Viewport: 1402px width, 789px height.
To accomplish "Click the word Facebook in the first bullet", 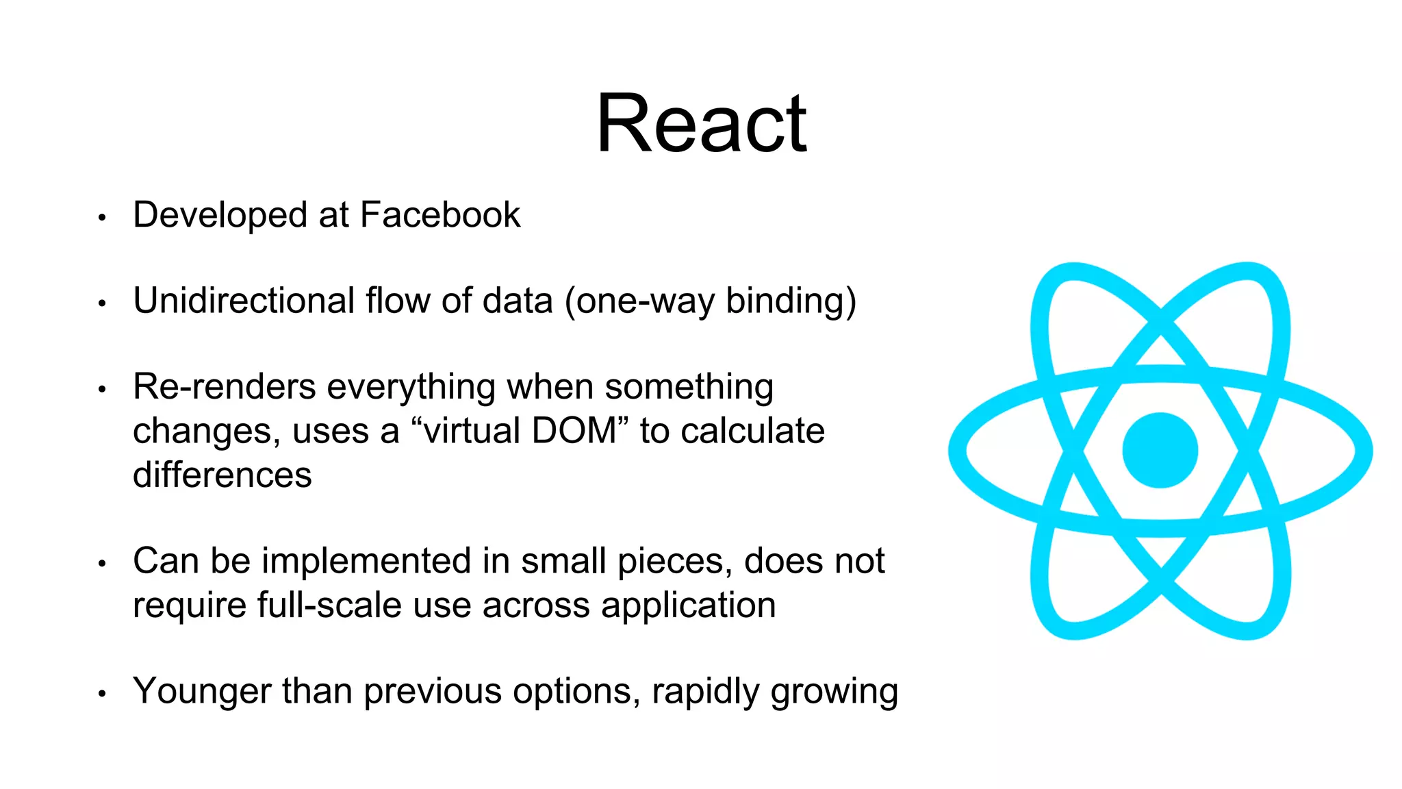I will [439, 215].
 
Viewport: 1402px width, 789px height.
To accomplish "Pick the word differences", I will [222, 475].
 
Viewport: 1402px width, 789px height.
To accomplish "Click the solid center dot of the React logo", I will [1160, 450].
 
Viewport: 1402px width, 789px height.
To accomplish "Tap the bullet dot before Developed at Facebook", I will [102, 218].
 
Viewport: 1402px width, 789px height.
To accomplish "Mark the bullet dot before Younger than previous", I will [102, 694].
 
